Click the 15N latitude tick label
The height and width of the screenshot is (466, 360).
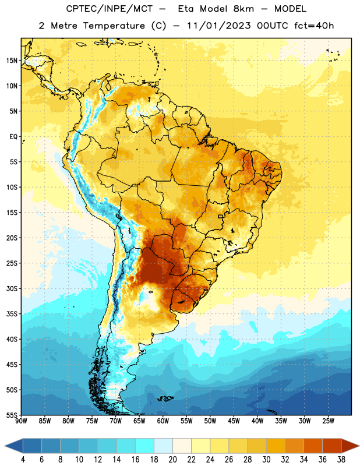coord(12,61)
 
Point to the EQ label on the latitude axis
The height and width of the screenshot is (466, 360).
coord(13,137)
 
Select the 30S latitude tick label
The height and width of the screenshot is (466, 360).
coord(12,288)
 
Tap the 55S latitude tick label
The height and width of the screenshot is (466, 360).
coord(12,415)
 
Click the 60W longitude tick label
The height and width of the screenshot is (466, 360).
coord(163,421)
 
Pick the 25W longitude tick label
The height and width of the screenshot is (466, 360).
coord(328,421)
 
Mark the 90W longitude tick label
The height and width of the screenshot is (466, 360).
coord(21,421)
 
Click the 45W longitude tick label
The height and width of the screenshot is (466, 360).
coord(234,421)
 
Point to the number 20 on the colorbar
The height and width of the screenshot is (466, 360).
coord(172,460)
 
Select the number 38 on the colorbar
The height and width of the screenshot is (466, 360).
coord(341,460)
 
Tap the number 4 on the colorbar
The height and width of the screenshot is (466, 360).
coord(23,460)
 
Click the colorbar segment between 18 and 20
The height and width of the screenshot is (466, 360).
coord(164,446)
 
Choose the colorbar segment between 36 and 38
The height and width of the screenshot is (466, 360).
coord(332,446)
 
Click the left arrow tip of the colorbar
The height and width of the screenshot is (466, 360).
coord(5,446)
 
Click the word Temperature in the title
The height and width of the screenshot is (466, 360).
coord(114,26)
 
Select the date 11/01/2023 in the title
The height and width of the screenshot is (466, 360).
coord(219,26)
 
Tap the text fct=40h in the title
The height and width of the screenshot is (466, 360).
coord(314,26)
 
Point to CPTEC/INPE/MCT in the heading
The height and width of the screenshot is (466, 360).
coord(109,9)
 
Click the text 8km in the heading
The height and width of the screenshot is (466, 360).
coord(244,9)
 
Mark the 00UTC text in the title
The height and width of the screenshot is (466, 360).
coord(273,26)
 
